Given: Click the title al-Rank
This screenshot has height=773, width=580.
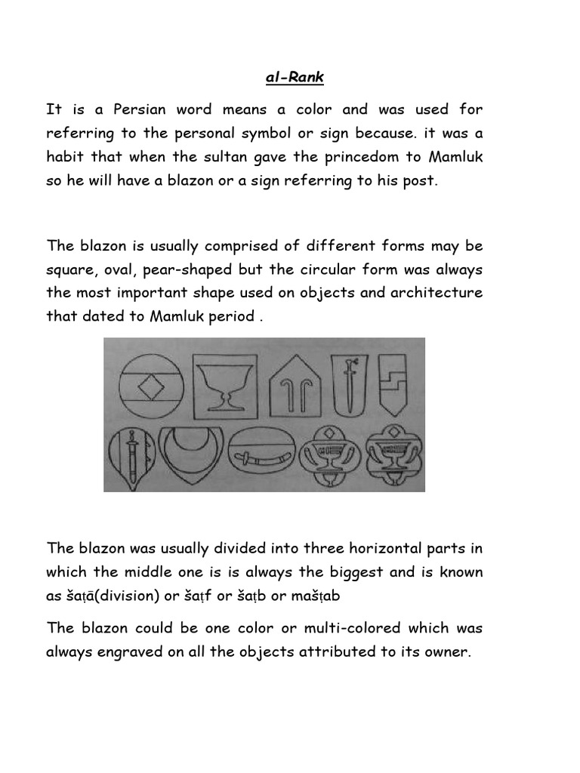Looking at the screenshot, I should [290, 77].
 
